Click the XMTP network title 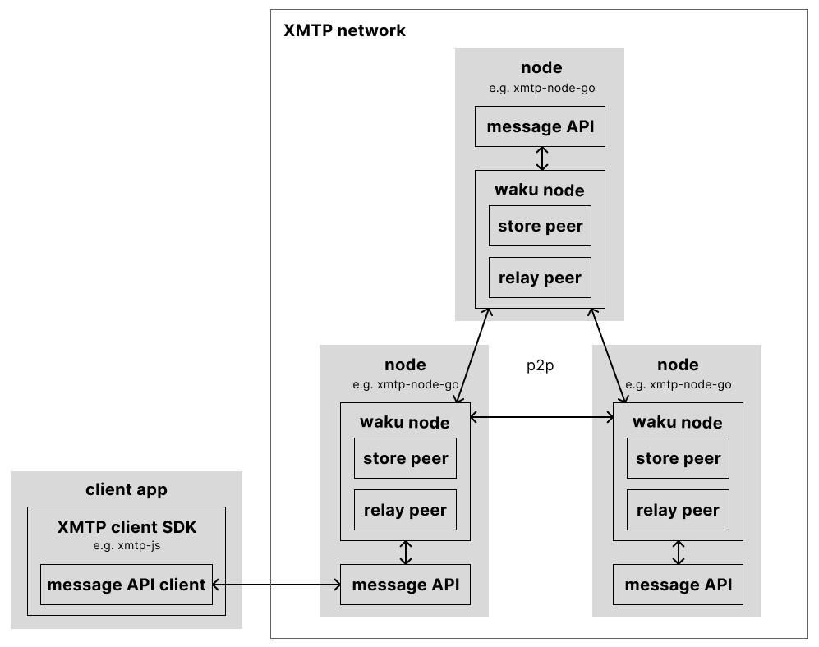click(x=344, y=31)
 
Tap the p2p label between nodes click(x=540, y=366)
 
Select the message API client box click(x=127, y=585)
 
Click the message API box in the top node click(x=540, y=126)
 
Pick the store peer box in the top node click(x=540, y=226)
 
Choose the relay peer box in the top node click(x=540, y=278)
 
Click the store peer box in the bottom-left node click(x=405, y=458)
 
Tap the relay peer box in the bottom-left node click(x=405, y=510)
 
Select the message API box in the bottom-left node click(x=405, y=585)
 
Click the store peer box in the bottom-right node click(x=678, y=458)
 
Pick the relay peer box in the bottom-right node click(x=678, y=510)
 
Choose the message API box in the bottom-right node click(x=678, y=585)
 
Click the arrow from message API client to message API click(x=276, y=585)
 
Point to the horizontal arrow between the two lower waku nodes click(x=541, y=417)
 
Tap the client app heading click(x=127, y=490)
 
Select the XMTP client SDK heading click(x=127, y=527)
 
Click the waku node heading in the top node click(x=540, y=190)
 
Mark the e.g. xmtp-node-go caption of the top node click(x=541, y=88)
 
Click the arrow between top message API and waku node click(x=541, y=158)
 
